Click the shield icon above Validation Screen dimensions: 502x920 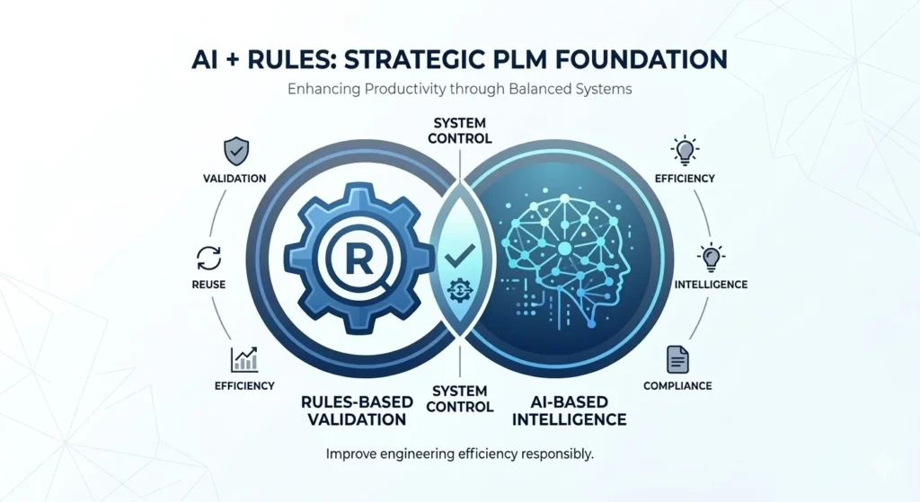(235, 148)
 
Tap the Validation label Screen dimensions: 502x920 (234, 178)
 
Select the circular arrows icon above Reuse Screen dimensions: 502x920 (208, 259)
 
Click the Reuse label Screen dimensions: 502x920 (208, 285)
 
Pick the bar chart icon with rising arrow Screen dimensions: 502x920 (243, 359)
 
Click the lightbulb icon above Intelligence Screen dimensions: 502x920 (711, 258)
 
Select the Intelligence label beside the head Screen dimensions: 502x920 (711, 285)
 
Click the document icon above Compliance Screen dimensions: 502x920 (677, 359)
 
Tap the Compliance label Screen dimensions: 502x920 (677, 386)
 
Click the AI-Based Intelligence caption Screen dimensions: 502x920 (563, 410)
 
